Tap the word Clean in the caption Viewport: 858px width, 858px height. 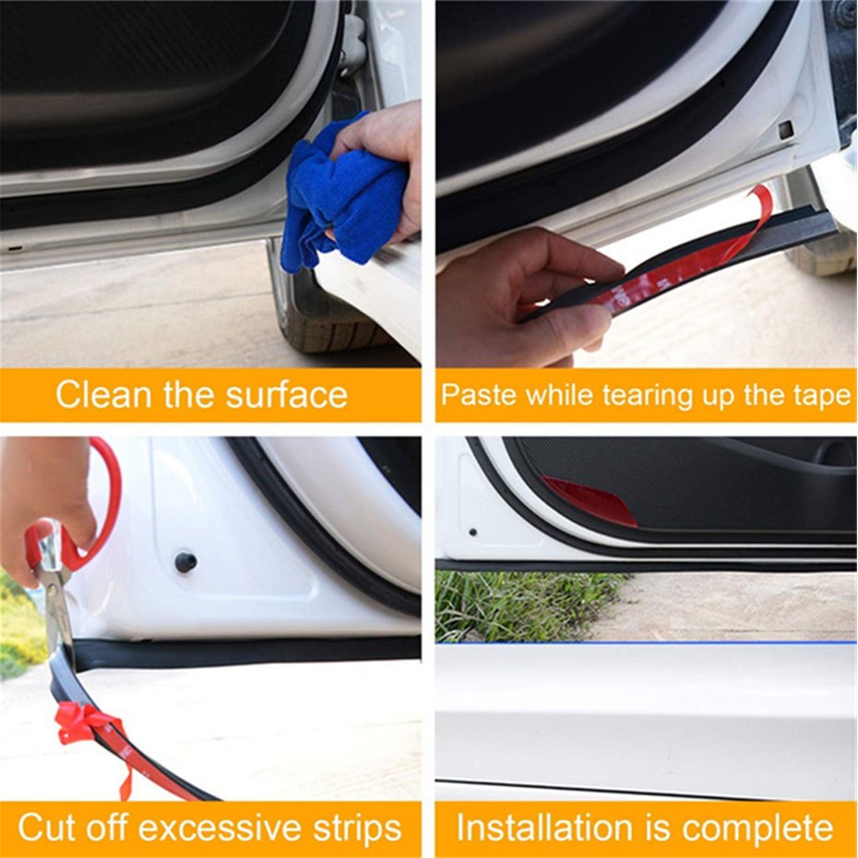103,394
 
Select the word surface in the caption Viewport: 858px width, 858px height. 287,395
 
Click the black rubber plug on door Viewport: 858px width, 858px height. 185,562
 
